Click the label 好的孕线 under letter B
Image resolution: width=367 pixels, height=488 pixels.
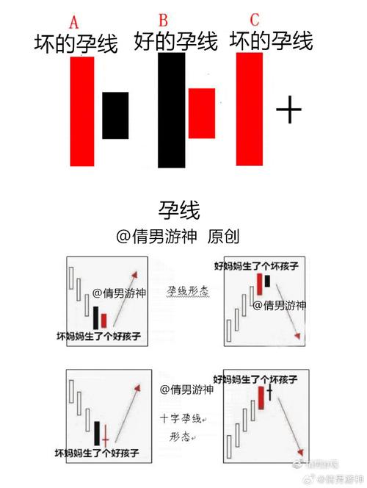point(176,41)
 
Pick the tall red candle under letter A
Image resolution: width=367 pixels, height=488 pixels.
point(82,110)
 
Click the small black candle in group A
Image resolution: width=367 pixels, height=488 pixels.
point(115,115)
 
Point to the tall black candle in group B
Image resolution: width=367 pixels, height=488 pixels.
point(171,110)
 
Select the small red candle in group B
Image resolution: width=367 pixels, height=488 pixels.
point(202,113)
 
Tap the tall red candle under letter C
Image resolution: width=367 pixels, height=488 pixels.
point(250,109)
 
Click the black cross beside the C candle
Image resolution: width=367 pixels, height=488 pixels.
point(289,111)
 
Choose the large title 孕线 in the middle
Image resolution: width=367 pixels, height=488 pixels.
point(179,211)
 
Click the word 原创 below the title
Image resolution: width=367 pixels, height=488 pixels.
point(223,237)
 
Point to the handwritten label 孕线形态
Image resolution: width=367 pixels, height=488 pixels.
point(189,291)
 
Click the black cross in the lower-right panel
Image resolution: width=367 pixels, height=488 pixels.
point(269,392)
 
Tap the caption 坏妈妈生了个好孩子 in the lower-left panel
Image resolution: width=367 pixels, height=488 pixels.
point(98,452)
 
